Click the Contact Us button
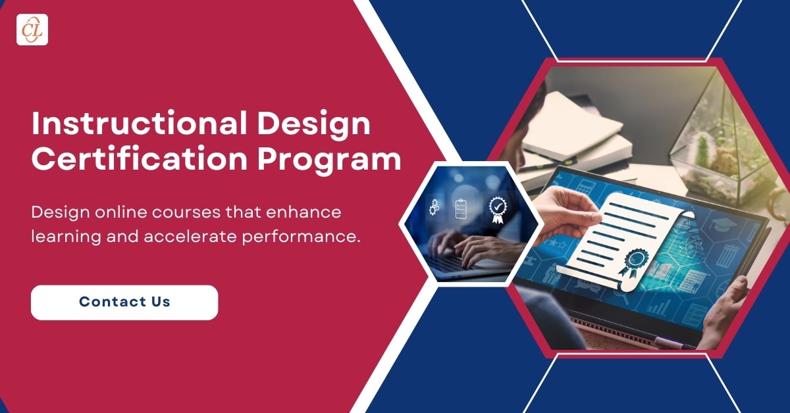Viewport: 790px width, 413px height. tap(124, 303)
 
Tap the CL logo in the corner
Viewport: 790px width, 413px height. tap(32, 30)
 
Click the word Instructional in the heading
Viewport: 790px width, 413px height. tap(140, 124)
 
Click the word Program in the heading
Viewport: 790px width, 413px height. tap(329, 161)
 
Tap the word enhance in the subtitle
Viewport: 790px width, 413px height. tap(303, 212)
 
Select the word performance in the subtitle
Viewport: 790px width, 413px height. tap(302, 237)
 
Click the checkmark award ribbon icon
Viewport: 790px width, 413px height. tap(498, 210)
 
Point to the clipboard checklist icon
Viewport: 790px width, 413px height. tap(461, 208)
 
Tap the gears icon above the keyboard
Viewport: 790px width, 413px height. tap(434, 207)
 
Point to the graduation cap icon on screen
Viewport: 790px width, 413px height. tap(723, 224)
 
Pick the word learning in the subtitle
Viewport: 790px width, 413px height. tap(66, 237)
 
